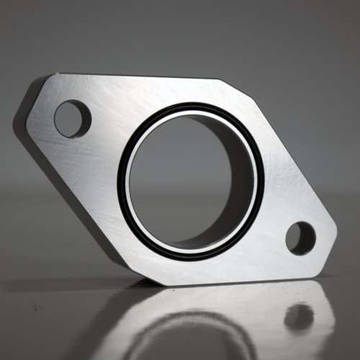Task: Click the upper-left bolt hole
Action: [72, 119]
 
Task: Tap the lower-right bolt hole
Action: [300, 238]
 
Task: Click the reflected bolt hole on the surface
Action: [298, 317]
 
